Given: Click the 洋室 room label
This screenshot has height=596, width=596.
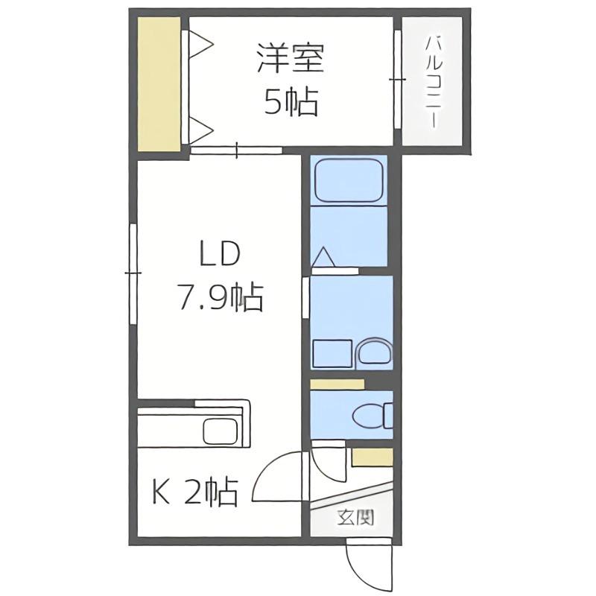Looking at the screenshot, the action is pyautogui.click(x=291, y=58).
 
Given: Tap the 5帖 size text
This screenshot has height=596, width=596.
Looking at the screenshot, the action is pyautogui.click(x=291, y=101).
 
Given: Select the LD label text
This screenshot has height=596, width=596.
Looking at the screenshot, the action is pyautogui.click(x=220, y=253).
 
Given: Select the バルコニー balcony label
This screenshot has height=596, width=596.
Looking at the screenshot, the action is pyautogui.click(x=433, y=81).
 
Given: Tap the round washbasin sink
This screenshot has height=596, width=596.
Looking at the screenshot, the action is pyautogui.click(x=374, y=352).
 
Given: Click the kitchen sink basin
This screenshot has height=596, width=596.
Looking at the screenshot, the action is pyautogui.click(x=221, y=431).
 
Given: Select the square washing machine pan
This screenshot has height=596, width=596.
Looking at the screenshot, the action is pyautogui.click(x=332, y=353).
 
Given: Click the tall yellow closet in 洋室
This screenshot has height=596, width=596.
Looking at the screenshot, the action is pyautogui.click(x=159, y=84).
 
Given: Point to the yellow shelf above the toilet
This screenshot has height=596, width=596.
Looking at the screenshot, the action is pyautogui.click(x=337, y=384).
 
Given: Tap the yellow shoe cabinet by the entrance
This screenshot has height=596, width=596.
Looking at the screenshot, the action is pyautogui.click(x=372, y=457).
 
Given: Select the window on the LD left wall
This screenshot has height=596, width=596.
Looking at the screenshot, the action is pyautogui.click(x=133, y=273).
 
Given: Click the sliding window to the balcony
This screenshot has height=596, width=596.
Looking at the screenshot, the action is pyautogui.click(x=398, y=80).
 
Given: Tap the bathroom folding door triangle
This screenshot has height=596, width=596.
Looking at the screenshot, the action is pyautogui.click(x=323, y=257).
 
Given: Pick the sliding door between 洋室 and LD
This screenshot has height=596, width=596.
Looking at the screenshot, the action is pyautogui.click(x=236, y=150).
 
